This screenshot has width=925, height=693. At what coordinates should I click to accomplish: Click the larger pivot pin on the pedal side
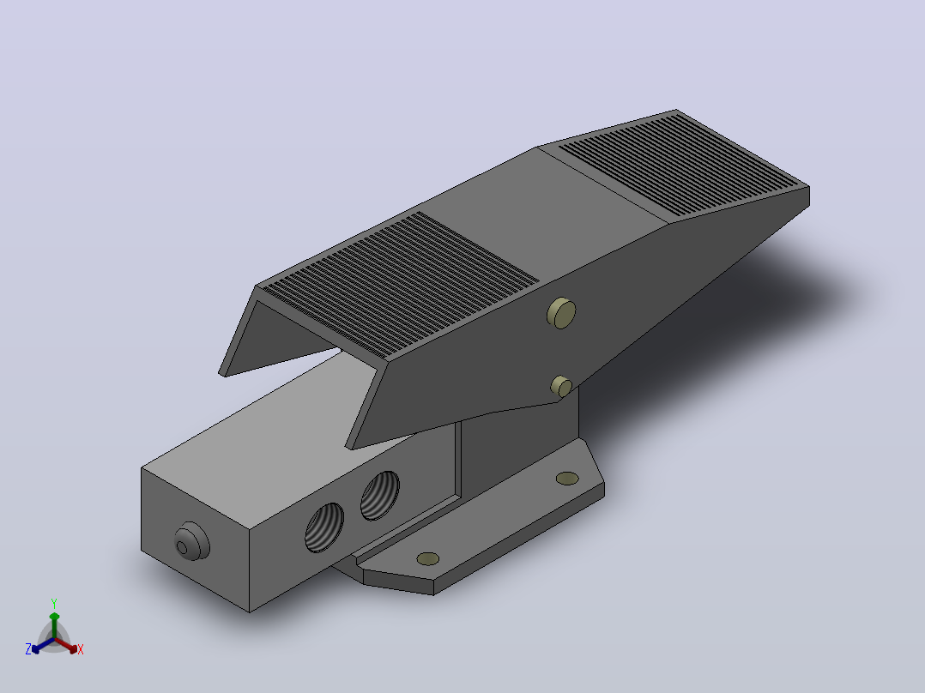pyautogui.click(x=561, y=313)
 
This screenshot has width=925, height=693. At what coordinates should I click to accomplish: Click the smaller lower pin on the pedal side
pyautogui.click(x=561, y=386)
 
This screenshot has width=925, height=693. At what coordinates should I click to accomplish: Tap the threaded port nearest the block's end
pyautogui.click(x=323, y=527)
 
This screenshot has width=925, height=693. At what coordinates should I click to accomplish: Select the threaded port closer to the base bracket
pyautogui.click(x=379, y=496)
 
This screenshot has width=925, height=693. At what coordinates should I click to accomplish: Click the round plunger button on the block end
pyautogui.click(x=191, y=541)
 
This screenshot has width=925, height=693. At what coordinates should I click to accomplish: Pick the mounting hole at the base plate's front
pyautogui.click(x=427, y=558)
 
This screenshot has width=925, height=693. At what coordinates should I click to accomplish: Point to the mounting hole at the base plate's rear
pyautogui.click(x=567, y=479)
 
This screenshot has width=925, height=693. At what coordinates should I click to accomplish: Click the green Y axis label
pyautogui.click(x=54, y=603)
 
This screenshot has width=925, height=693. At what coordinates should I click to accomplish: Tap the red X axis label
pyautogui.click(x=81, y=649)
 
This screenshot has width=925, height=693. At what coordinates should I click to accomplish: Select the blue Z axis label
pyautogui.click(x=28, y=649)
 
